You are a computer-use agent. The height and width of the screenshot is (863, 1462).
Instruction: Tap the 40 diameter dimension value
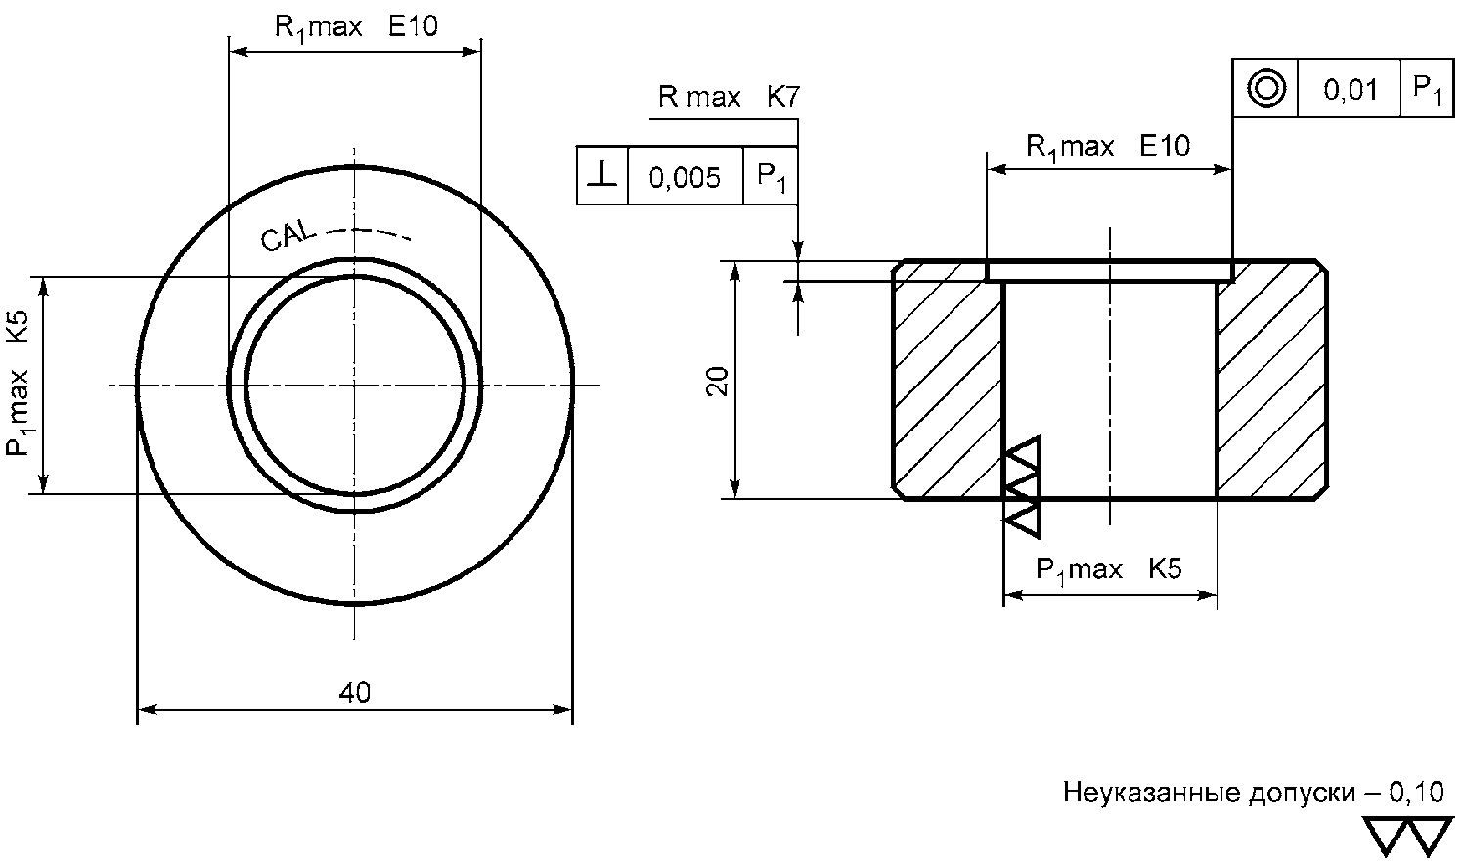354,692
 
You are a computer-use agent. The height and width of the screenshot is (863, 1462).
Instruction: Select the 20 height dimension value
717,382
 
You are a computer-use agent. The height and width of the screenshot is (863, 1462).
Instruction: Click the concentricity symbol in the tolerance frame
1265,88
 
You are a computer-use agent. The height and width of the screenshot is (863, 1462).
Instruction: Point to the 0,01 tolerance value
1350,89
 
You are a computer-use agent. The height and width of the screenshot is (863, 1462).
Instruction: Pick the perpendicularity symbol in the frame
601,175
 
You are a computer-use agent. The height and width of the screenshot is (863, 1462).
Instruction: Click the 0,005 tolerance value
684,177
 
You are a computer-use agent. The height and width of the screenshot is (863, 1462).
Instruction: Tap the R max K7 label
729,97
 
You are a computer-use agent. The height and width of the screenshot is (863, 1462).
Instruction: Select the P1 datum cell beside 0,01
1428,89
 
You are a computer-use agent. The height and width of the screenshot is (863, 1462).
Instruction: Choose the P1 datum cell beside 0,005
772,177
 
